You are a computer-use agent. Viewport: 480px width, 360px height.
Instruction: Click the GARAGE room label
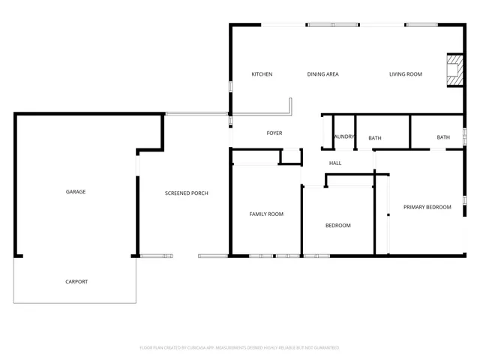point(76,192)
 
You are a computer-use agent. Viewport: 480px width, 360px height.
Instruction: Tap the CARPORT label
point(76,282)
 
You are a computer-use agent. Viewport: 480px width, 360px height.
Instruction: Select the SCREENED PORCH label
point(187,193)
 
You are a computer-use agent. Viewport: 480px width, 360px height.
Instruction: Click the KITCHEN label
point(262,74)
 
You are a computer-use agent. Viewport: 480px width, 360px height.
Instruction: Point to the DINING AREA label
point(323,74)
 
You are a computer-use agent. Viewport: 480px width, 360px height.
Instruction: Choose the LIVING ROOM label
point(406,74)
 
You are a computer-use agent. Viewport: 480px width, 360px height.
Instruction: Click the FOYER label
point(274,133)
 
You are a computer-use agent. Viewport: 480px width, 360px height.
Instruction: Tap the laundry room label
point(344,137)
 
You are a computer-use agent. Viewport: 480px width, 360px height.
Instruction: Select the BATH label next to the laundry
point(375,138)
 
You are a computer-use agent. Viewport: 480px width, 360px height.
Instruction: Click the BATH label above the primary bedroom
point(443,137)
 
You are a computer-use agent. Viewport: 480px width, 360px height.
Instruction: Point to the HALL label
point(335,163)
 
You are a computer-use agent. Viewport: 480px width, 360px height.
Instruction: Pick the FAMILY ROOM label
point(266,214)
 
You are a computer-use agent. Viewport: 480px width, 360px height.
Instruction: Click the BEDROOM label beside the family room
point(337,226)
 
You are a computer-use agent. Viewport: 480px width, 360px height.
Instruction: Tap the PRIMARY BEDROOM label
point(427,207)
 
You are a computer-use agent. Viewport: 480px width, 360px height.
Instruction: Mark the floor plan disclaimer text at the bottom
point(240,348)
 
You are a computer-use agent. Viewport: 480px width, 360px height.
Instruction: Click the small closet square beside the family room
point(289,157)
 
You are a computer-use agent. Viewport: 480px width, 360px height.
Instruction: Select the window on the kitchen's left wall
point(230,85)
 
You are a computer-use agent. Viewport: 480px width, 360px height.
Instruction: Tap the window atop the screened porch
point(196,114)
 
